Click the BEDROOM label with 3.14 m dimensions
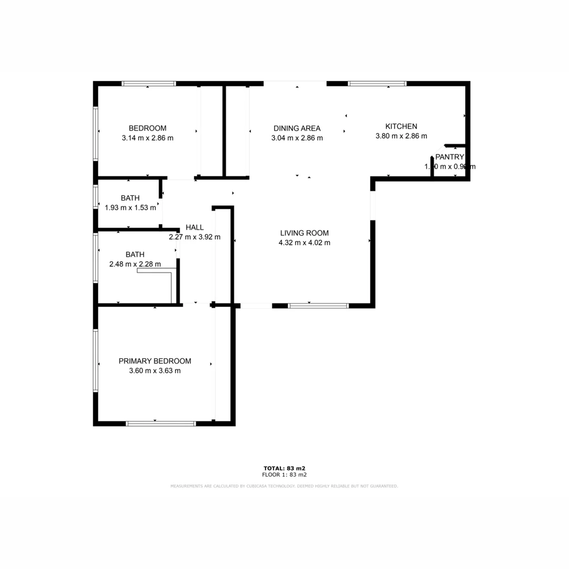click(x=148, y=128)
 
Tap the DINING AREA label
click(x=297, y=128)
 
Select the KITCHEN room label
click(x=401, y=126)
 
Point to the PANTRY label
click(x=449, y=156)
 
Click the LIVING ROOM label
click(x=304, y=233)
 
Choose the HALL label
click(x=194, y=228)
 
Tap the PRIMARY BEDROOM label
click(x=154, y=361)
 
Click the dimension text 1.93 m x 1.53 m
click(x=131, y=208)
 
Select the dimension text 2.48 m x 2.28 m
click(x=135, y=264)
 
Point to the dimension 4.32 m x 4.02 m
click(x=304, y=243)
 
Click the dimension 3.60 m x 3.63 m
click(x=154, y=371)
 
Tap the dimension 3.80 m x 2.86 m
click(x=401, y=136)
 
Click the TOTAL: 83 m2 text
click(x=284, y=468)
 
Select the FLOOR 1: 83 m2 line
click(x=284, y=475)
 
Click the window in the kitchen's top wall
click(x=377, y=83)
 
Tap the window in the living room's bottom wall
click(x=318, y=306)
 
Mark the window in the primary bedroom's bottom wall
click(x=161, y=423)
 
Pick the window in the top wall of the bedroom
click(x=149, y=83)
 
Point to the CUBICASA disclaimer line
click(x=284, y=486)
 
